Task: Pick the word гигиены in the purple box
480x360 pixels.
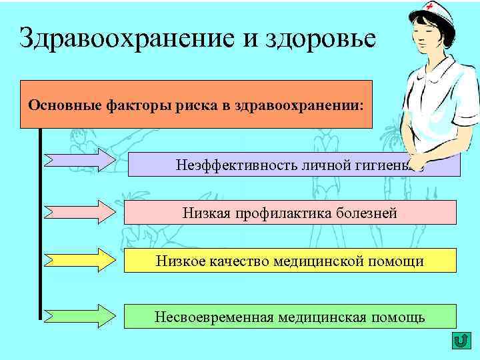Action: coord(394,165)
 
